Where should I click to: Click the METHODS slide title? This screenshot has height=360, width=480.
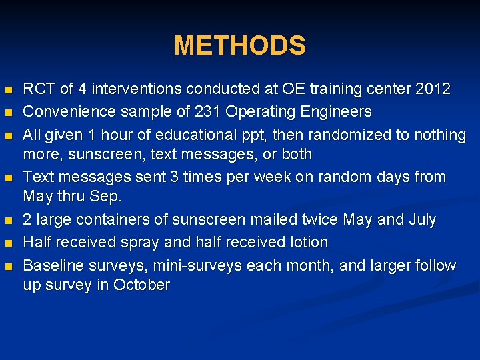click(x=240, y=46)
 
